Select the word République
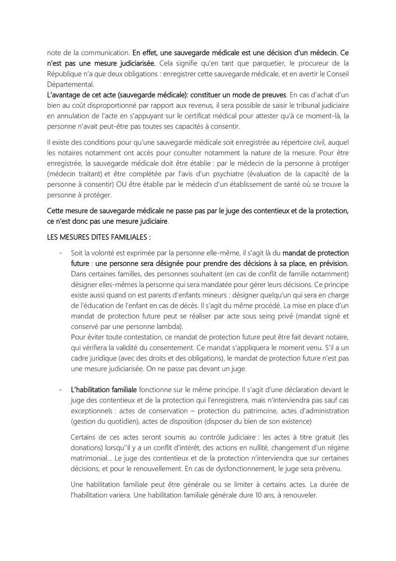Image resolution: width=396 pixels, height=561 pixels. pyautogui.click(x=65, y=74)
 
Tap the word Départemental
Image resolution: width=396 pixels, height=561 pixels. pyautogui.click(x=70, y=85)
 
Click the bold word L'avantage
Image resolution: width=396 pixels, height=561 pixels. pyautogui.click(x=65, y=95)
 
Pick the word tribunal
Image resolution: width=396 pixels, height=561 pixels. pyautogui.click(x=304, y=106)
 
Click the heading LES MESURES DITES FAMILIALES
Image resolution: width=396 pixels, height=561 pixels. pyautogui.click(x=99, y=237)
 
